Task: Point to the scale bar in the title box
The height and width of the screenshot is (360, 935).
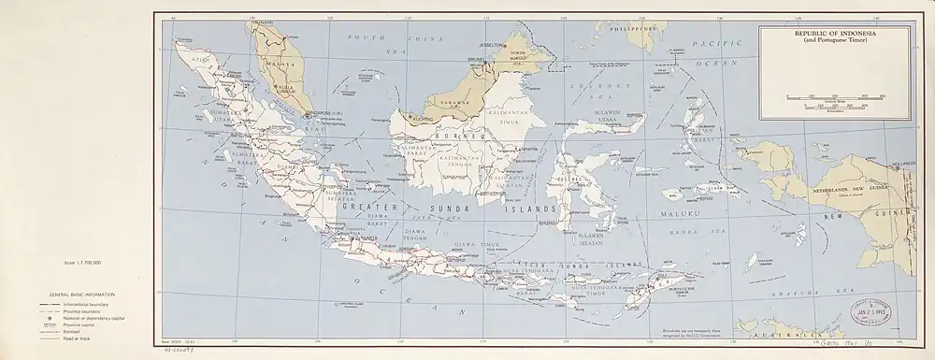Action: (825, 98)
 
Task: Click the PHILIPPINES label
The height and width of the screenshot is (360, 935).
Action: (633, 30)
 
